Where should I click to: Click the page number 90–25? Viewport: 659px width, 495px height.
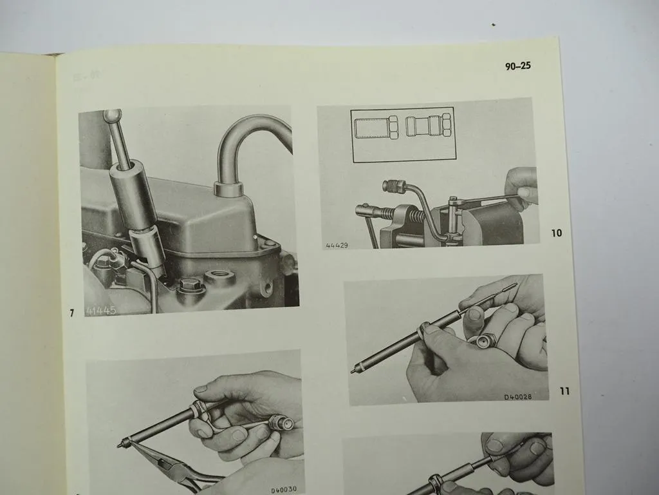pyautogui.click(x=517, y=66)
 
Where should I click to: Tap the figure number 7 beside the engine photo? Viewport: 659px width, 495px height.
pyautogui.click(x=72, y=313)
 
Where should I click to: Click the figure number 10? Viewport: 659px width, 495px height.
pyautogui.click(x=557, y=233)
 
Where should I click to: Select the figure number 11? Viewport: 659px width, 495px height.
pyautogui.click(x=564, y=391)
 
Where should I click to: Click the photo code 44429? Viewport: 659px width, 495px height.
pyautogui.click(x=337, y=246)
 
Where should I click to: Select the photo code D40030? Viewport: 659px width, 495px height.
pyautogui.click(x=287, y=490)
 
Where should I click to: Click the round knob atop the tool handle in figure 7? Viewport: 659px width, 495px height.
pyautogui.click(x=112, y=117)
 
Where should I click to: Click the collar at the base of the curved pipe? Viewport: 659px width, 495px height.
pyautogui.click(x=228, y=189)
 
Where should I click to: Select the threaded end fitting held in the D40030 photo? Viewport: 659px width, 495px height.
pyautogui.click(x=284, y=423)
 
